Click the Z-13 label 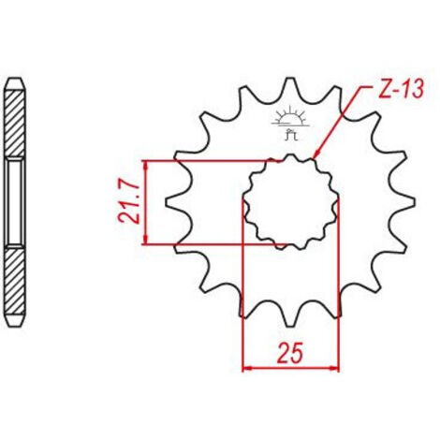click(x=401, y=89)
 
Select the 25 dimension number click(x=291, y=353)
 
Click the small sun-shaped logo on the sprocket click(x=290, y=123)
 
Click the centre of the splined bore click(x=290, y=202)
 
